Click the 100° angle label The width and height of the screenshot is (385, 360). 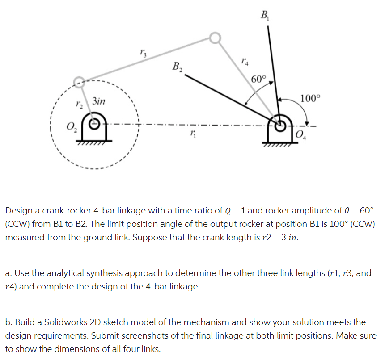(309, 98)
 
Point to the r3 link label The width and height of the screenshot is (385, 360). (142, 54)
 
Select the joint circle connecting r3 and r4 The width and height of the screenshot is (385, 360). (215, 38)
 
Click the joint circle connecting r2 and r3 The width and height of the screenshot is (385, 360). (78, 81)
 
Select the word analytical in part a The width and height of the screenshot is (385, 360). (63, 273)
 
